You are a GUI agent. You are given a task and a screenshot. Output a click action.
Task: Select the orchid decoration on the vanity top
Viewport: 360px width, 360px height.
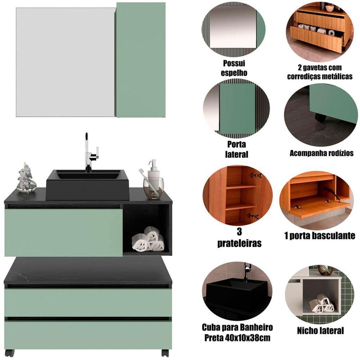pos(26,178)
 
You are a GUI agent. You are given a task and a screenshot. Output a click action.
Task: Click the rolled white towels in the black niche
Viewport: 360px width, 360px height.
pos(148,239)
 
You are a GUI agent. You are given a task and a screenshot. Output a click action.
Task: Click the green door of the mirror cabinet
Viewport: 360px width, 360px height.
pos(141,60)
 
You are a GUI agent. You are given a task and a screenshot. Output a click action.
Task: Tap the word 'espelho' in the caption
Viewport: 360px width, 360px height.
pos(234,73)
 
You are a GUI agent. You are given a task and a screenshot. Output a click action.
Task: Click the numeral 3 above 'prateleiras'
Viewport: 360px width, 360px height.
pos(239,232)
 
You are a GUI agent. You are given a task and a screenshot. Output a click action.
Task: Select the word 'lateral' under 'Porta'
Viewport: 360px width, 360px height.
pos(237,154)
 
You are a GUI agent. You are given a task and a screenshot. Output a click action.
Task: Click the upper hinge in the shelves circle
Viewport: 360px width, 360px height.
pos(256,176)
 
